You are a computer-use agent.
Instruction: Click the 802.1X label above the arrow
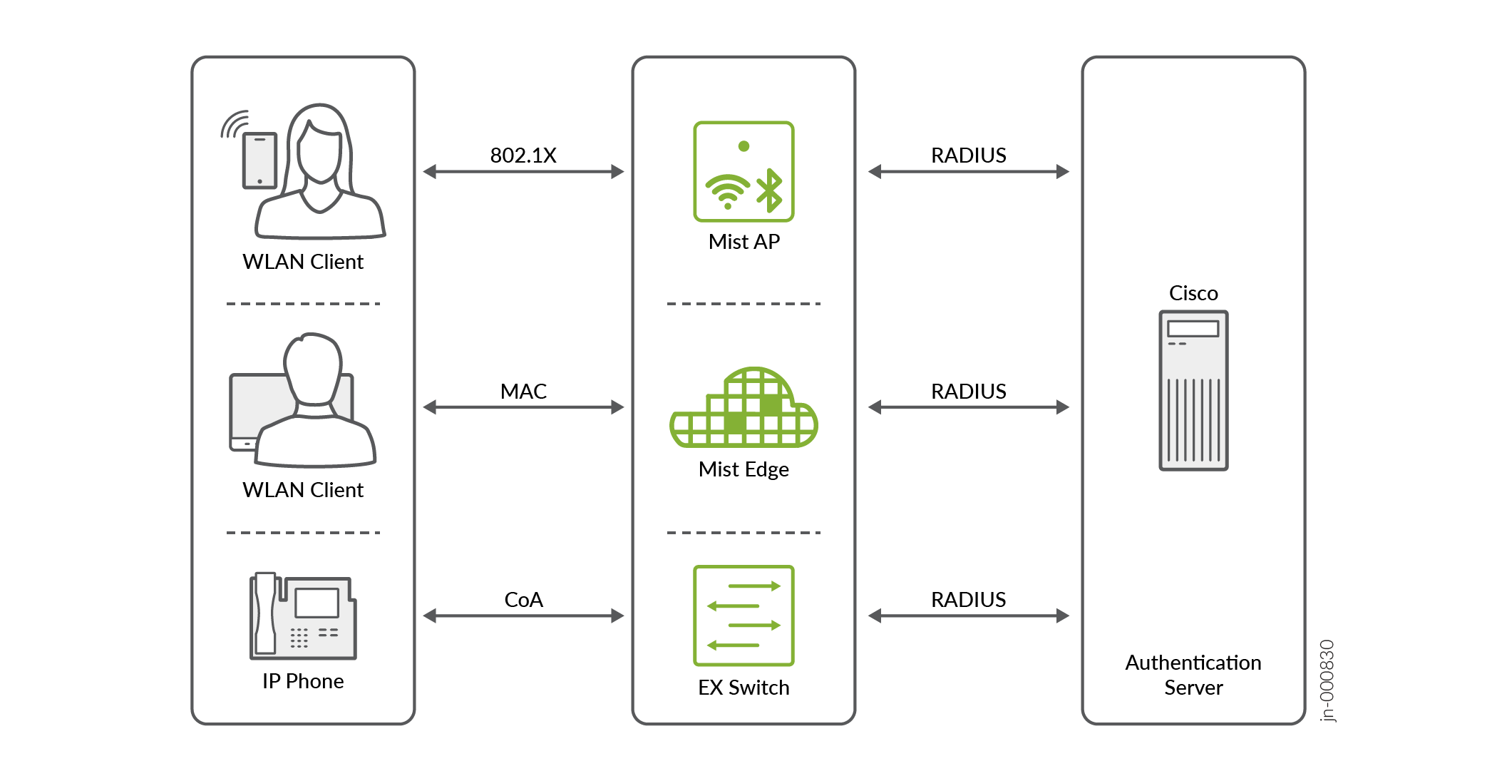coord(523,155)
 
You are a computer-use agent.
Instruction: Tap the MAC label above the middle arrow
coord(523,391)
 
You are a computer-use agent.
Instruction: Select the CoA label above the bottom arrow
coord(523,599)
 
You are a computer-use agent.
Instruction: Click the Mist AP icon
coord(744,171)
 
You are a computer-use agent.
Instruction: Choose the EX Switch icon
coord(744,615)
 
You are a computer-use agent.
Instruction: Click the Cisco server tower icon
coord(1193,390)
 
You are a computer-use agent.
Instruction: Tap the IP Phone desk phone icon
coord(303,616)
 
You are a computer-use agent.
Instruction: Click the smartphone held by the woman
coord(259,160)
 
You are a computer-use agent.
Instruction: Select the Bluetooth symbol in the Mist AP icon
coord(770,190)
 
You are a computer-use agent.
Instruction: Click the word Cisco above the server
coord(1193,293)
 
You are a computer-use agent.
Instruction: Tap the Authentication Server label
coord(1193,675)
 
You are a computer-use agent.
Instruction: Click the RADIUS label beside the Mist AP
coord(968,155)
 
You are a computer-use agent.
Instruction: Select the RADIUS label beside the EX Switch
coord(968,599)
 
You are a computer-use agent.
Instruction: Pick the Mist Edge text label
coord(744,469)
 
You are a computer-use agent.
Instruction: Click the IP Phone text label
coord(303,681)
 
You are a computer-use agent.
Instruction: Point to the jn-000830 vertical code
coord(1327,681)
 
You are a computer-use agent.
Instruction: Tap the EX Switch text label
coord(744,688)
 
